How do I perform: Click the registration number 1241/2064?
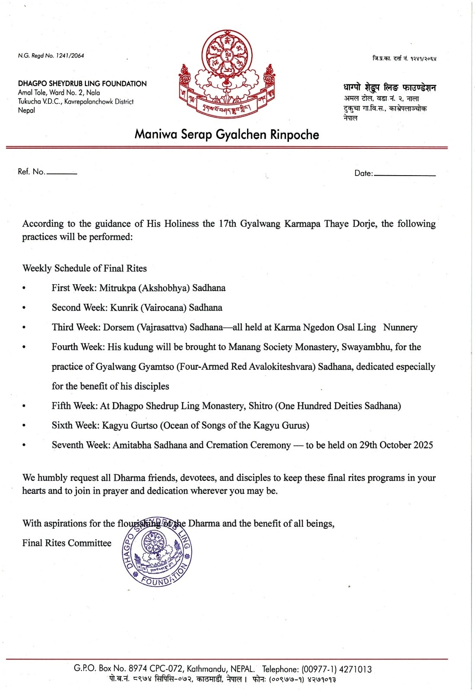tap(70, 56)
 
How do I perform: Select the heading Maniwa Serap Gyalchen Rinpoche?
tap(227, 135)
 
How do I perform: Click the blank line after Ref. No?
tap(62, 173)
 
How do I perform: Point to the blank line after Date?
tap(405, 175)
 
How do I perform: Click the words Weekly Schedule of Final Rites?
tap(85, 269)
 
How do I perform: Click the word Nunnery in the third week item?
tap(400, 327)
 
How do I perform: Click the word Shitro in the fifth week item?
tap(260, 406)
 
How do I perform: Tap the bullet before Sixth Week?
tap(24, 426)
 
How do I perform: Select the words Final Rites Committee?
tap(67, 543)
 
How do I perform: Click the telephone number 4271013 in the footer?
tap(355, 670)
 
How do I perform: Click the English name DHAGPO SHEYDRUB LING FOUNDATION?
tap(82, 83)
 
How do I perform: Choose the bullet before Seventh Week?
tap(24, 445)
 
